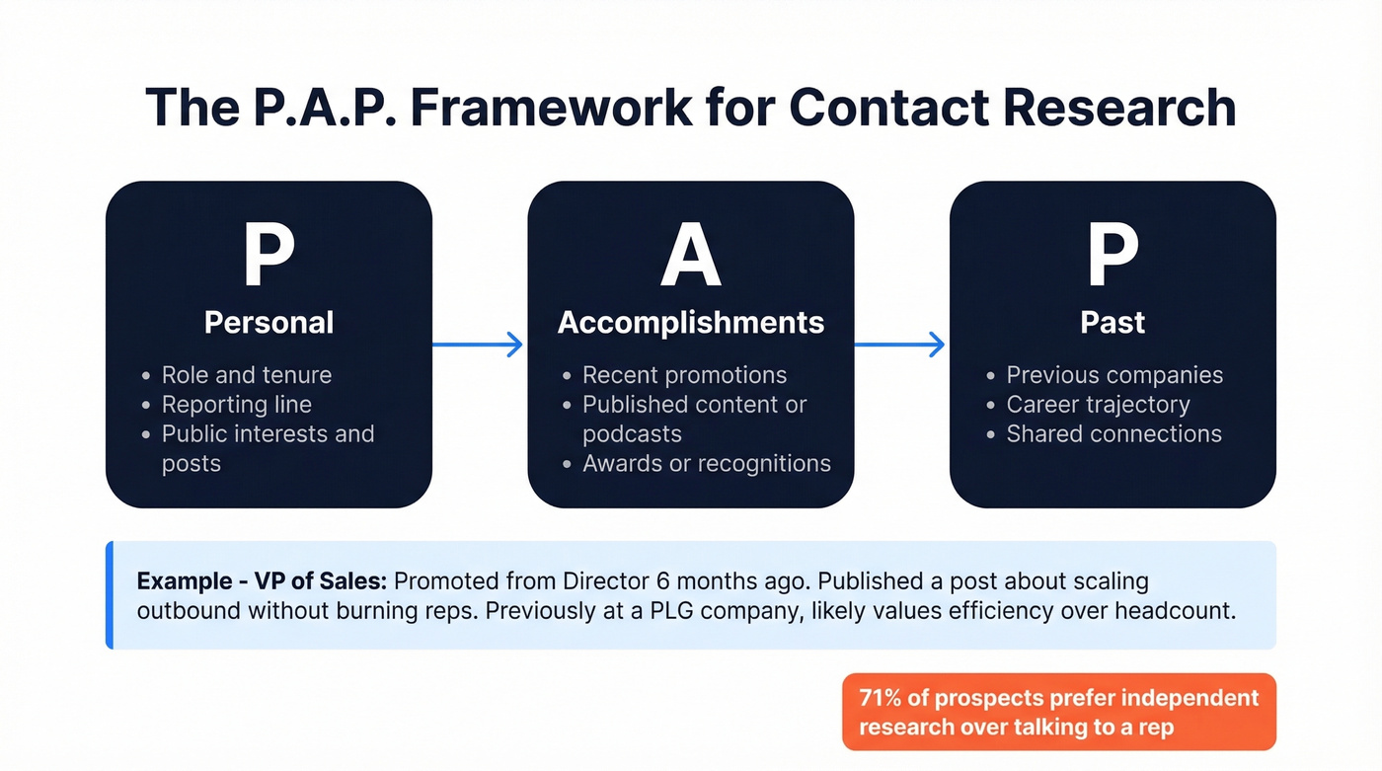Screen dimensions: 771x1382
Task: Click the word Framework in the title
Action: pyautogui.click(x=551, y=107)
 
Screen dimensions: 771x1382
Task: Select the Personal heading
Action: pyautogui.click(x=269, y=322)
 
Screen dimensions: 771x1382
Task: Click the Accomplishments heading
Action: pyautogui.click(x=690, y=322)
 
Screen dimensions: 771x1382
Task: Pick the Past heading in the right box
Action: pyautogui.click(x=1113, y=322)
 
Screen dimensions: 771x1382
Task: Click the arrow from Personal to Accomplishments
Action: pyautogui.click(x=479, y=345)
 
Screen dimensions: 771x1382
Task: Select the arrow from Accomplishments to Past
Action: pyautogui.click(x=900, y=345)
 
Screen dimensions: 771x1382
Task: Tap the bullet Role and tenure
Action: pyautogui.click(x=247, y=375)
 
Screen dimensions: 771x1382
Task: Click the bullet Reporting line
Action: pyautogui.click(x=237, y=405)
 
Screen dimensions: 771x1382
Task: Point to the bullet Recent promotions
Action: pyautogui.click(x=684, y=375)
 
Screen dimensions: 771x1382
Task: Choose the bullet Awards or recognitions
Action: pyautogui.click(x=706, y=463)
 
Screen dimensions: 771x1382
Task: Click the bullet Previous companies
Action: pyautogui.click(x=1114, y=375)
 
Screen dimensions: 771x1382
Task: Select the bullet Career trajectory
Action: pyautogui.click(x=1098, y=405)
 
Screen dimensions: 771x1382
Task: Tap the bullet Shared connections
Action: pyautogui.click(x=1113, y=433)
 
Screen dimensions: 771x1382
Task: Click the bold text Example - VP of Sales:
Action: pyautogui.click(x=262, y=580)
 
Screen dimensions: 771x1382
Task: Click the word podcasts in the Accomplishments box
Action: pyautogui.click(x=632, y=434)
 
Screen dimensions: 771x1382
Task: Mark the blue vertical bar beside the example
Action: pyautogui.click(x=110, y=594)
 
